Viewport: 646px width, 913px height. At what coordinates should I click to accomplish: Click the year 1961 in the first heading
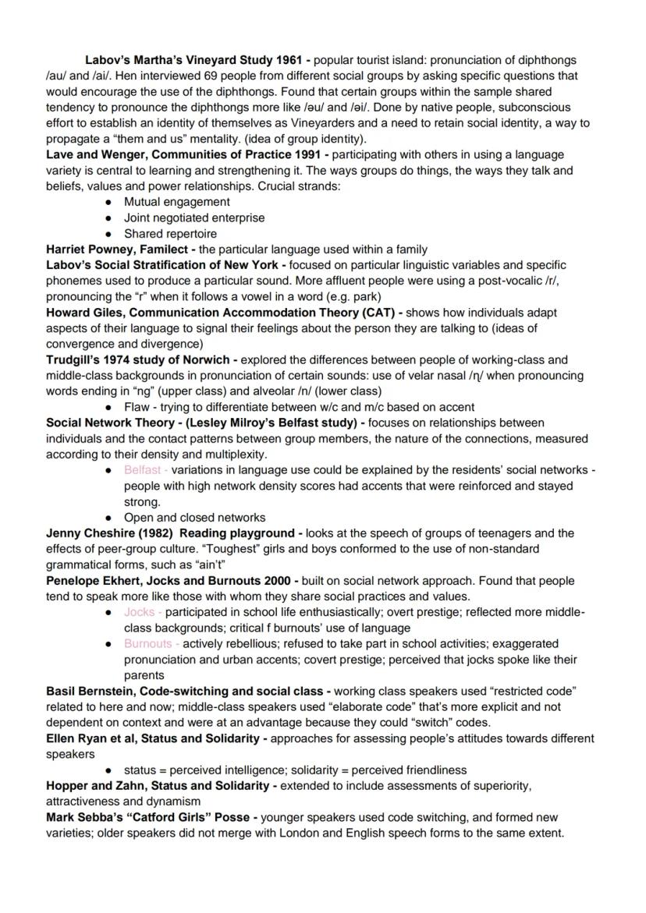click(x=289, y=60)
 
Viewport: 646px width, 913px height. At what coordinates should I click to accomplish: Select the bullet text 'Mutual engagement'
click(x=176, y=202)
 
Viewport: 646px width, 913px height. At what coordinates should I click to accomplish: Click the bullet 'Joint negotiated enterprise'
click(x=194, y=218)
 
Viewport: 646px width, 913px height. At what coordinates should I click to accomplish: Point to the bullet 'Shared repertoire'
click(x=170, y=234)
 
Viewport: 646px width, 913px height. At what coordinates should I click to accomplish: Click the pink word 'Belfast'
click(x=142, y=470)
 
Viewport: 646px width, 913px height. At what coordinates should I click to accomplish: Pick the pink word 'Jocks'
click(x=139, y=612)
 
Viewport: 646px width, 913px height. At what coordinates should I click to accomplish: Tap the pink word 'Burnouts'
click(x=147, y=644)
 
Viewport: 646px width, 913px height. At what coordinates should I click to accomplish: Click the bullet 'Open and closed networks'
click(x=194, y=518)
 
